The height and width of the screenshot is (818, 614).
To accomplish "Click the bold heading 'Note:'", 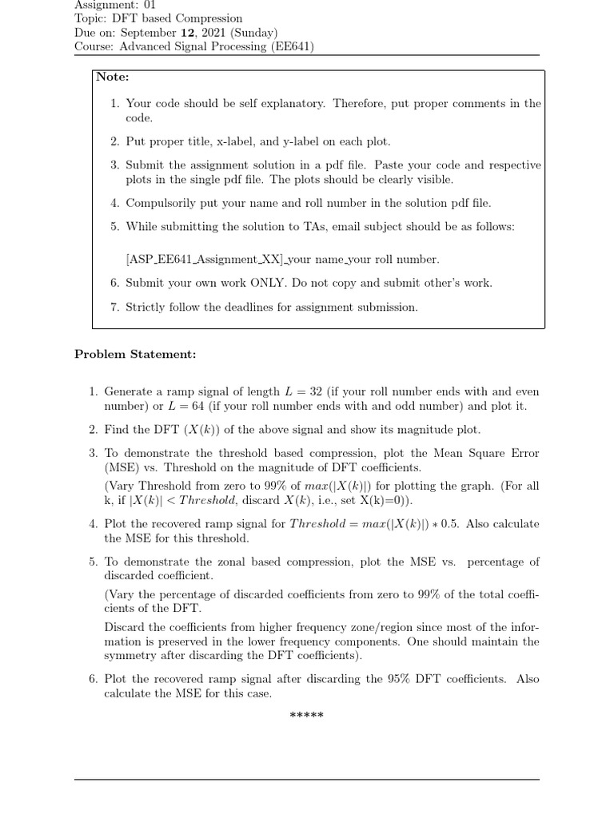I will [x=113, y=77].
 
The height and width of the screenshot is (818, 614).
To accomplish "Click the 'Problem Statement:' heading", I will [x=135, y=354].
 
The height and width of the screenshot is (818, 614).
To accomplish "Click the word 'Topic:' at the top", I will [x=91, y=18].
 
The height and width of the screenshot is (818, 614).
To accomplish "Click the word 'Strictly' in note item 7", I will [x=146, y=307].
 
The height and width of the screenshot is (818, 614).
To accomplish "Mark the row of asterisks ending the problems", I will [x=306, y=713].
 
